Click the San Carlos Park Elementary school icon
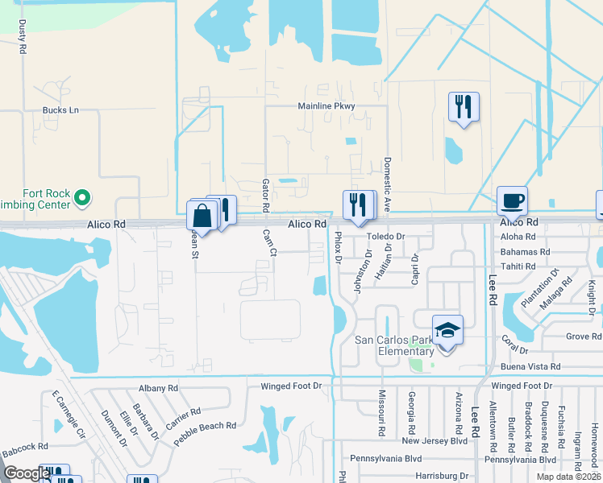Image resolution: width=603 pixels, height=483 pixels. [447, 331]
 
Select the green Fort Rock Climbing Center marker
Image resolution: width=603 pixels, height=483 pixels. [81, 196]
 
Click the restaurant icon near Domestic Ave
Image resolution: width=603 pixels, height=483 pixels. [464, 107]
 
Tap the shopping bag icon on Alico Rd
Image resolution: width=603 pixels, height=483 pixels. [202, 215]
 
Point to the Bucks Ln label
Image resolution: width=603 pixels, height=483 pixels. [61, 109]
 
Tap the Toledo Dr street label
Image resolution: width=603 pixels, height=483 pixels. [385, 237]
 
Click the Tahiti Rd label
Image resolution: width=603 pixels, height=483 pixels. [518, 266]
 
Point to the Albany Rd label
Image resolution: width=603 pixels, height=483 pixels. [158, 388]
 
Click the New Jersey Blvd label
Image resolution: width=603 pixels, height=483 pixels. [435, 441]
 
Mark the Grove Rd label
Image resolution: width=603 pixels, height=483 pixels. [584, 336]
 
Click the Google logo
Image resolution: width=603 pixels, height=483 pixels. [26, 474]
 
